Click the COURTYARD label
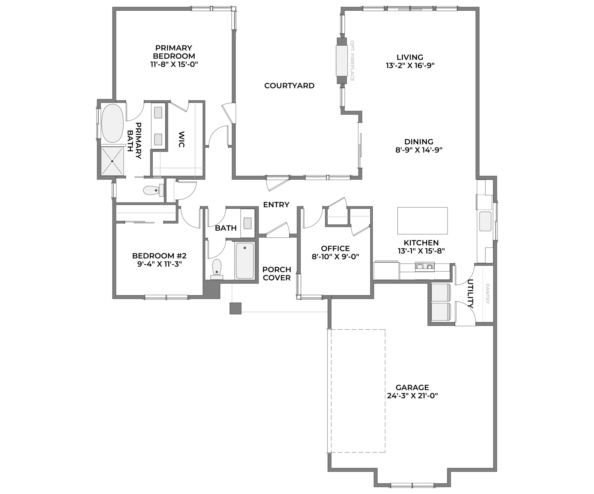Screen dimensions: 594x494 click(x=289, y=85)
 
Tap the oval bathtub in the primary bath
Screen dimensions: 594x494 click(x=112, y=123)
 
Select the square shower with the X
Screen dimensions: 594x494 click(x=112, y=161)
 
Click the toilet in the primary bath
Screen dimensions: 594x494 click(x=154, y=190)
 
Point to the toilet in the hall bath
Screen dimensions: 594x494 click(x=217, y=269)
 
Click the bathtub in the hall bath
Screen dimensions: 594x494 click(x=245, y=261)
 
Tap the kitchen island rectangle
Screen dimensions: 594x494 click(x=422, y=221)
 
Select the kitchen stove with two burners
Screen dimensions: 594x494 click(x=425, y=267)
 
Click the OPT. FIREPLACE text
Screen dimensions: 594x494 click(x=352, y=61)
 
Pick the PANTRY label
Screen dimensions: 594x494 click(x=487, y=294)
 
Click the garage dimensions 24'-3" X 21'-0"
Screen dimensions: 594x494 click(x=412, y=396)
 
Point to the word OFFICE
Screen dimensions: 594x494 click(x=335, y=249)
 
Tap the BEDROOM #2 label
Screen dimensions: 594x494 click(x=159, y=256)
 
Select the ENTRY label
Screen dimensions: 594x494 click(x=276, y=205)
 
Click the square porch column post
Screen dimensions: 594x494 click(x=235, y=308)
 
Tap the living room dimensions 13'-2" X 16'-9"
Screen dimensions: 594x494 click(x=410, y=66)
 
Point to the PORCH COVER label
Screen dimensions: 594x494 click(x=277, y=273)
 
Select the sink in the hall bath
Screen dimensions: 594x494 click(x=248, y=223)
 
